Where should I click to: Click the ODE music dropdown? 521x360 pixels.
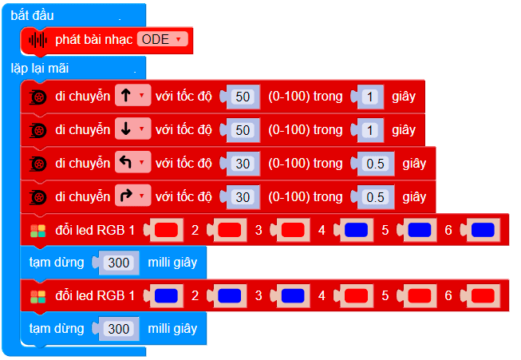point(162,39)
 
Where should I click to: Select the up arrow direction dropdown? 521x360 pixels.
point(132,97)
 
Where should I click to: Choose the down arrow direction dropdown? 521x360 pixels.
point(132,129)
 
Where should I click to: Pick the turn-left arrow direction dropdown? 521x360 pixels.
point(132,163)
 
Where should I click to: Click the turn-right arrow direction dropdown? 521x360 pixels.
point(132,196)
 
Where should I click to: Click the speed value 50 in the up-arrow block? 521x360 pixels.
point(243,97)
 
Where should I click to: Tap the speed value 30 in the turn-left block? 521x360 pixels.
point(243,163)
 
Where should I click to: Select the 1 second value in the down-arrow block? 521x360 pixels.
point(369,129)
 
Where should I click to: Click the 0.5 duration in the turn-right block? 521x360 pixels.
point(373,196)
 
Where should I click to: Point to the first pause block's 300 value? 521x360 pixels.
point(119,263)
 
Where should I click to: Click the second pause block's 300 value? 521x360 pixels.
point(119,328)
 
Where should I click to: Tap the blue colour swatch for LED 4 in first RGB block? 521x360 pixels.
point(356,230)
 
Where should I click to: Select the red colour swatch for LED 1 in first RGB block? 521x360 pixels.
point(166,230)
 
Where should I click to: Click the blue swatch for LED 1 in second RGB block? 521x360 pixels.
point(166,296)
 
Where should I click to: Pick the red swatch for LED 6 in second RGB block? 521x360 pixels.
point(482,296)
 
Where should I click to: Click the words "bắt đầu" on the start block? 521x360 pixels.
point(33,15)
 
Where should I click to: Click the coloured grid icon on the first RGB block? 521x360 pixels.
point(37,231)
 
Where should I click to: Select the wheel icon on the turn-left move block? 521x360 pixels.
point(37,164)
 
